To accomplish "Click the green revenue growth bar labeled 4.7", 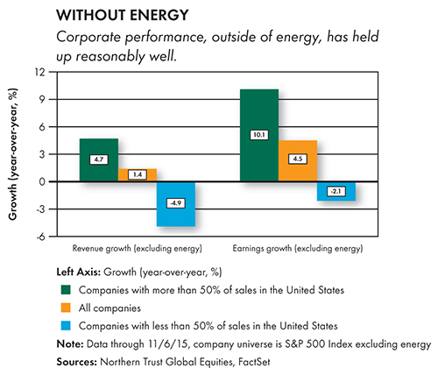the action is pos(99,160).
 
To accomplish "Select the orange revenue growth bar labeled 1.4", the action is pos(138,175).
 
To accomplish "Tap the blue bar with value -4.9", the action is pos(176,204).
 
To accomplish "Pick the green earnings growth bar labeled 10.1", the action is pos(259,135).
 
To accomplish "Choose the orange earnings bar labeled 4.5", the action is pos(298,161).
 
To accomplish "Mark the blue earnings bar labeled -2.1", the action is pos(336,191).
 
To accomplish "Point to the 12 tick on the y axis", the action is pos(40,72).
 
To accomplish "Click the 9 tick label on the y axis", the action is pos(43,99).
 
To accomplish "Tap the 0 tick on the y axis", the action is pos(43,181).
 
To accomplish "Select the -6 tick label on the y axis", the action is pos(41,237).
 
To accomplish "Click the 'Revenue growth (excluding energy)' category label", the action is pos(138,249).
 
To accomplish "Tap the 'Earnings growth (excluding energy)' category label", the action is pos(298,249).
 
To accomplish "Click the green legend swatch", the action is pos(66,290).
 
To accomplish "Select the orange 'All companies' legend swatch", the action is pos(66,308).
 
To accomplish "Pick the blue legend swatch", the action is pos(66,326).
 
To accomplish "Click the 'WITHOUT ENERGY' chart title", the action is pos(123,15).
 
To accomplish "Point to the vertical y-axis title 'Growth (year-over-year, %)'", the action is pos(12,154).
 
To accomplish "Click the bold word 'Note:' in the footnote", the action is pos(70,343).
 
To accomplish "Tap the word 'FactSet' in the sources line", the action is pos(254,362).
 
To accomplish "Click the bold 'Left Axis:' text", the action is pos(79,272).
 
